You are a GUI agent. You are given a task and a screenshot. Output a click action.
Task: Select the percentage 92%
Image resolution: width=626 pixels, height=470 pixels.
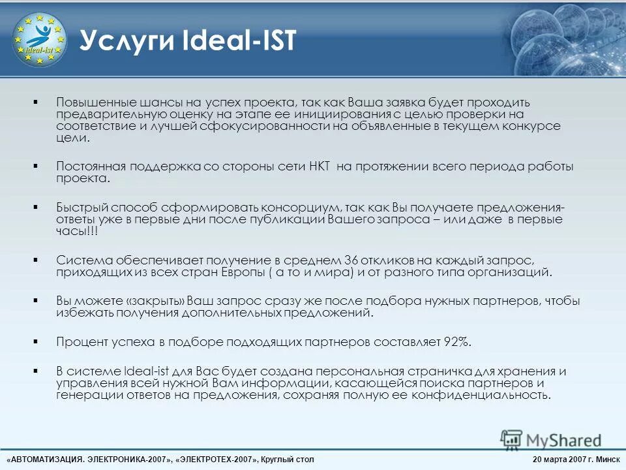click(456, 341)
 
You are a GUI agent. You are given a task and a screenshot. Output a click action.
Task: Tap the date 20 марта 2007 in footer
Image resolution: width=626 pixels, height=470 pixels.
click(560, 460)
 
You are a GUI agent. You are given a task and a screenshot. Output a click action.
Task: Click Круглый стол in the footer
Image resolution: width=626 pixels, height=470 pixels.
click(287, 460)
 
